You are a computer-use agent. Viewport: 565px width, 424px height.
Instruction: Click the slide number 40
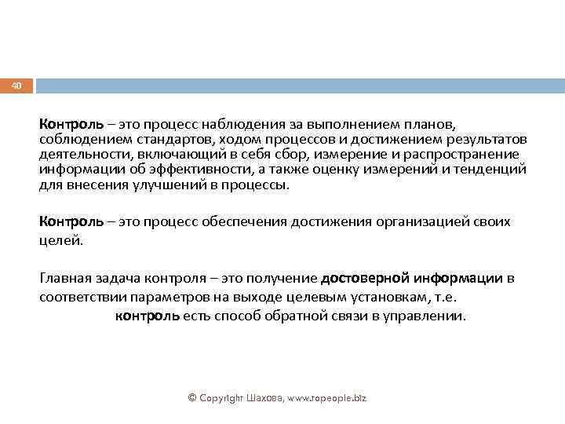pyautogui.click(x=16, y=85)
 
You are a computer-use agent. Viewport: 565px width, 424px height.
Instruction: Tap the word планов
pyautogui.click(x=428, y=124)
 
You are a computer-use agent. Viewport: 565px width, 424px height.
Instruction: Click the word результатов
pyautogui.click(x=484, y=139)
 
